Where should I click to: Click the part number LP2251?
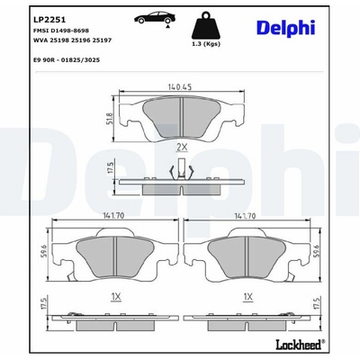[x=49, y=20]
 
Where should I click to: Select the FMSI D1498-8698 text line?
[x=61, y=31]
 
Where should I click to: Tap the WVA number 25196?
[x=80, y=40]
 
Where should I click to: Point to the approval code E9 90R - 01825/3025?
[x=67, y=60]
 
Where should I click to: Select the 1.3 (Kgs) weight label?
[x=206, y=44]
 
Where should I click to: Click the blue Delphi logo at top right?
[x=285, y=29]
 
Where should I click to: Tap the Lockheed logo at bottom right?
[x=300, y=345]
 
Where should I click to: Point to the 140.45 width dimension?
[x=180, y=86]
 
